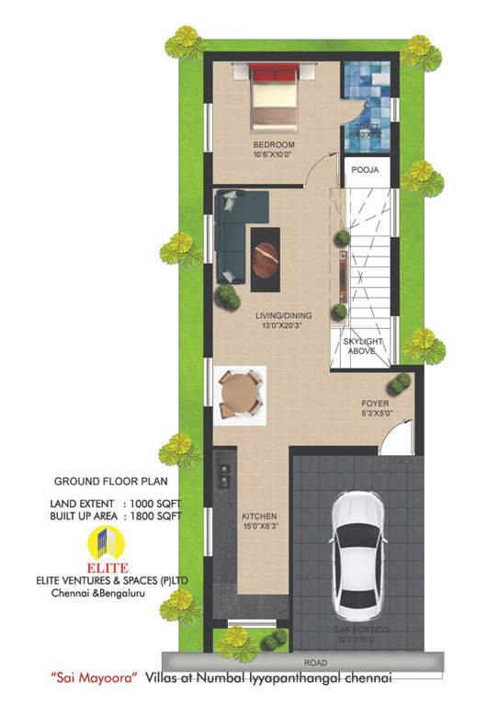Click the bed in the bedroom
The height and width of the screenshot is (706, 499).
coord(273,95)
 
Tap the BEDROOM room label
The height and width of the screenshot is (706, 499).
coord(274,146)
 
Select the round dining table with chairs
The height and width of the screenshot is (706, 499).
coord(241,393)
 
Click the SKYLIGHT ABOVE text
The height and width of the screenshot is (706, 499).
coord(363,347)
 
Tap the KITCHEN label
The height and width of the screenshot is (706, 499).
coord(259,517)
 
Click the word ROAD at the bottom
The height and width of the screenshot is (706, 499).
coord(316,661)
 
